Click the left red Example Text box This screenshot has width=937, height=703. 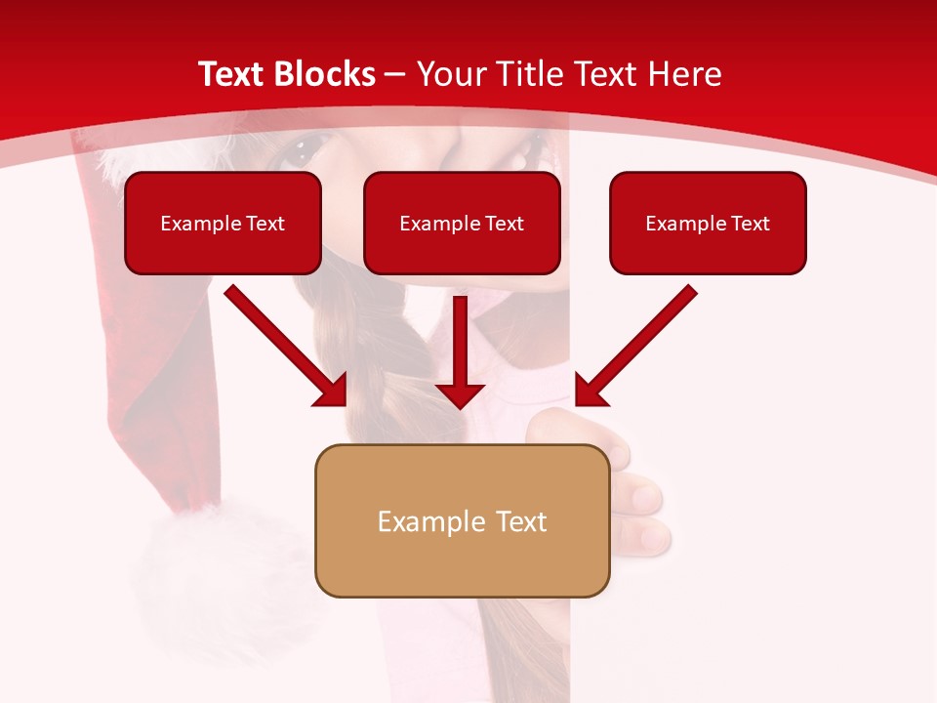click(223, 224)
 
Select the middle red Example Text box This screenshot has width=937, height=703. click(462, 224)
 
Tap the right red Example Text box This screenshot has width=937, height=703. click(708, 224)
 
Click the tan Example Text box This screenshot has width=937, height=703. click(462, 521)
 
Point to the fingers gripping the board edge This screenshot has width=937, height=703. click(639, 508)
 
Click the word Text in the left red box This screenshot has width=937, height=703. click(265, 224)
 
